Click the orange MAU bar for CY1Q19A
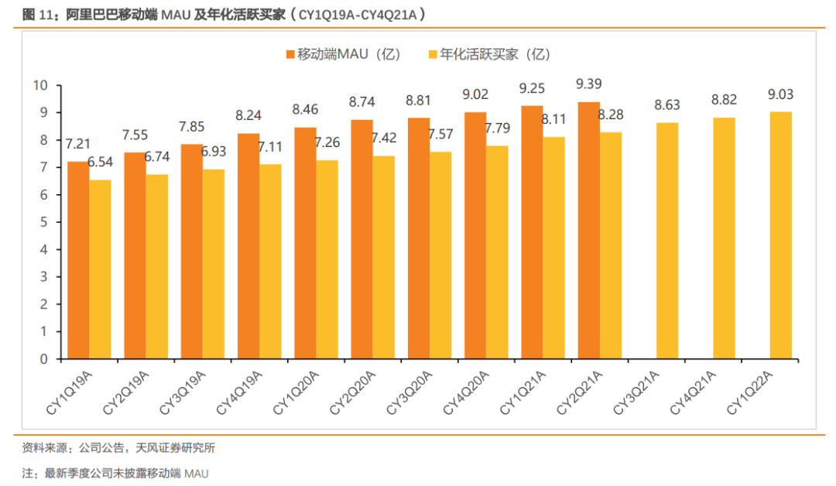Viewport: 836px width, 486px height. tap(78, 260)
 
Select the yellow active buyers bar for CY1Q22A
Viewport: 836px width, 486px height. tap(781, 235)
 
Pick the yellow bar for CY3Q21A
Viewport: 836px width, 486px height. tap(667, 241)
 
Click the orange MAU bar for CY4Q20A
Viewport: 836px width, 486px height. tap(475, 235)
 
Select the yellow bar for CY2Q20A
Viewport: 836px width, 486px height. tap(383, 257)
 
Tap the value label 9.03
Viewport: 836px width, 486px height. tap(780, 94)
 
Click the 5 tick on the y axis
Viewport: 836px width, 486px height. tap(43, 222)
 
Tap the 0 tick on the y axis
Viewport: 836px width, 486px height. tap(43, 359)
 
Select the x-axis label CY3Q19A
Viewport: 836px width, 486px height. tap(185, 392)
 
